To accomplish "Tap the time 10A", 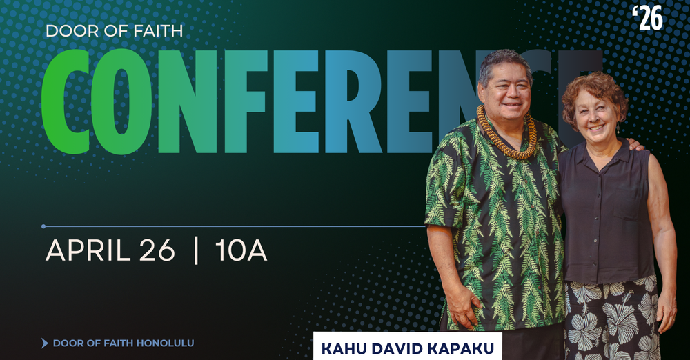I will click(241, 252).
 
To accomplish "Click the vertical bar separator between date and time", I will click(197, 252).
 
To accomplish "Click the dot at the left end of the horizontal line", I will click(43, 226).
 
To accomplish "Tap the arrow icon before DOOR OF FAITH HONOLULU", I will click(45, 343).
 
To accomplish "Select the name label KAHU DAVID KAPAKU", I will click(408, 348).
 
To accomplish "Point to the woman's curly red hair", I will click(593, 90).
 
